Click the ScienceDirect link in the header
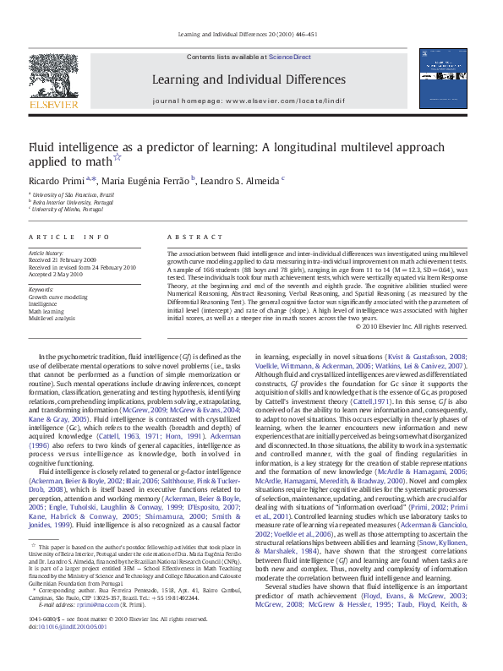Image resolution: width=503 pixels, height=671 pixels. [289, 57]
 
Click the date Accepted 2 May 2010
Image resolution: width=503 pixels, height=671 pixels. [57, 275]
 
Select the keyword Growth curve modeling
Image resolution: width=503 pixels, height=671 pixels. [58, 297]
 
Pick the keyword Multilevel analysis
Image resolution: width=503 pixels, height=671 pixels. [52, 319]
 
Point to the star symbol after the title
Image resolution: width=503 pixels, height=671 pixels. [118, 156]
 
